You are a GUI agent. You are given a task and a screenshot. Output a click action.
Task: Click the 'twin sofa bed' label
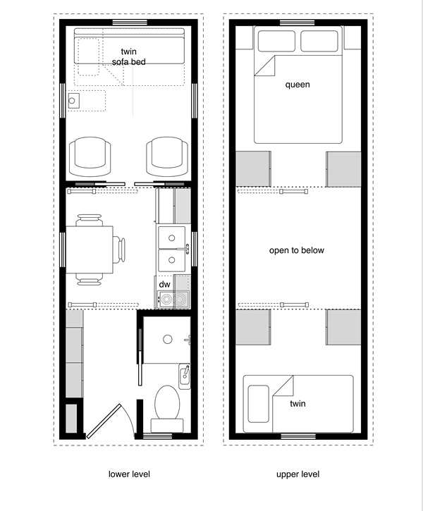tap(129, 56)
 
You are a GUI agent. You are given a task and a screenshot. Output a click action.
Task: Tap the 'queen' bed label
tap(298, 85)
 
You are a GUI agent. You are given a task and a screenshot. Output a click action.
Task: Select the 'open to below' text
tap(297, 250)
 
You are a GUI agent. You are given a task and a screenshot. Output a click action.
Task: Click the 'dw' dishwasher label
tap(164, 285)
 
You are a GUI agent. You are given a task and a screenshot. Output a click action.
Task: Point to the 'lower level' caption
tap(129, 474)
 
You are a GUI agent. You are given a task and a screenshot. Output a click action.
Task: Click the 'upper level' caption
tap(298, 474)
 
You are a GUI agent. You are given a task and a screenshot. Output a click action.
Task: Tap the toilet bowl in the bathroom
tap(167, 402)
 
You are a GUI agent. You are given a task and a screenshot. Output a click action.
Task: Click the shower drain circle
tap(168, 339)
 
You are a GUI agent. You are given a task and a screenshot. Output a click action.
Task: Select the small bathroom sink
tap(185, 376)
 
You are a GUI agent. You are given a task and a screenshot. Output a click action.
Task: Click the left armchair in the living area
tap(90, 156)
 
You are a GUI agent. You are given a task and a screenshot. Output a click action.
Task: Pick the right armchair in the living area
tap(167, 156)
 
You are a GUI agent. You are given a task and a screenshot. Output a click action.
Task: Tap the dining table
tap(90, 250)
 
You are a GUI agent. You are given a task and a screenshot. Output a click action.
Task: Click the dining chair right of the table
tap(119, 250)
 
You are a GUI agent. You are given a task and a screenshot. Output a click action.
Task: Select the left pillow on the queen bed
tap(276, 41)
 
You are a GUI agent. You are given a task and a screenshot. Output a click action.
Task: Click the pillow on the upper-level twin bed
tap(259, 404)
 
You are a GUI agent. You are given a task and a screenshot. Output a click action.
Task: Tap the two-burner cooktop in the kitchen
tap(173, 299)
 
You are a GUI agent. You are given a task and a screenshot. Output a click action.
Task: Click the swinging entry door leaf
tap(104, 421)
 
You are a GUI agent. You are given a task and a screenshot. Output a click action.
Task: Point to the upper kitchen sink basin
tap(172, 238)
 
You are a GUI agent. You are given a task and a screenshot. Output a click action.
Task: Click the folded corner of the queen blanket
tap(264, 66)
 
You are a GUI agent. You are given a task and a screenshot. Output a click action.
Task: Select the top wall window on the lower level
tap(130, 23)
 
